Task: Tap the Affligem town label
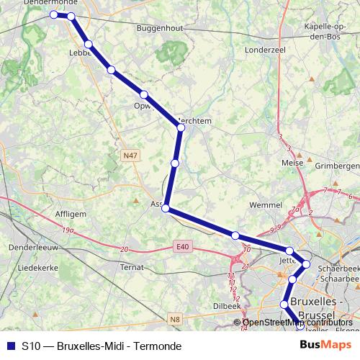71,215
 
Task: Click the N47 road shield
130,155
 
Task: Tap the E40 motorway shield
182,247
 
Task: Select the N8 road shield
174,318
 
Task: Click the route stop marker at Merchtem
181,127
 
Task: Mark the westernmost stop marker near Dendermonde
53,14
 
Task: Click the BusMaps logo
325,345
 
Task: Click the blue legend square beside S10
11,346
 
